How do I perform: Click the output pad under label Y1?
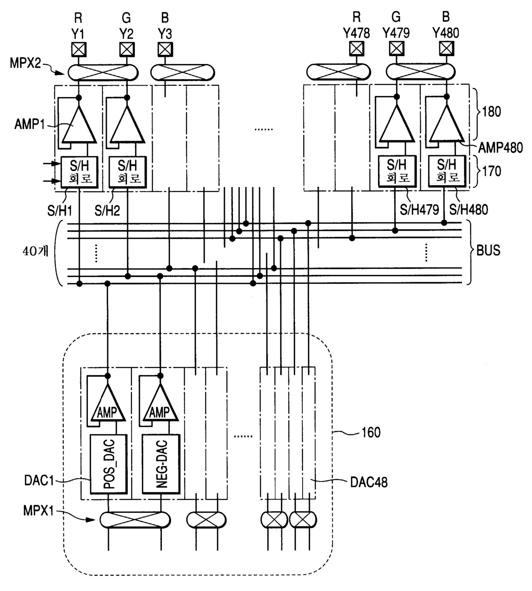79,49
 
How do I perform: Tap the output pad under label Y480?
446,48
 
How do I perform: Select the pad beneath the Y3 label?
165,49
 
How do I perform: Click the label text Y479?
396,33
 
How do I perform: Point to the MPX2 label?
25,63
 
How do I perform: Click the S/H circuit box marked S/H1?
79,172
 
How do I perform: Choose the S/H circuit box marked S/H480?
447,171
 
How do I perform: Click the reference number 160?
371,432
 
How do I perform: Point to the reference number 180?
491,112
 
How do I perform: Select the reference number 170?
491,171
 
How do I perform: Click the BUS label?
488,250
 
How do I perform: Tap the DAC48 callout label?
369,482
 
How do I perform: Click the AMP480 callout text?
500,148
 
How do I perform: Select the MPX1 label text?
39,510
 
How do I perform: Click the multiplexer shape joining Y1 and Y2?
103,72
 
